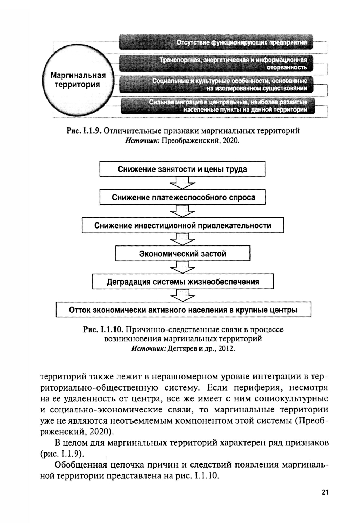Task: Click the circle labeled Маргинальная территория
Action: (78, 80)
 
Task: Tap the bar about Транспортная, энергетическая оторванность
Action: (216, 63)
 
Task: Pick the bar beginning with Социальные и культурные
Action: (216, 84)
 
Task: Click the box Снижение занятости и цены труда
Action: (182, 169)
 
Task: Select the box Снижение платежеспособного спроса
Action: (183, 197)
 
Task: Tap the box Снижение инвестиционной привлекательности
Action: (183, 226)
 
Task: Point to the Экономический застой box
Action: (183, 254)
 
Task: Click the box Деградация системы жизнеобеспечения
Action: (183, 282)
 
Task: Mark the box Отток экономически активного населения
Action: (183, 310)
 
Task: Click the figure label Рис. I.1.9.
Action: (84, 131)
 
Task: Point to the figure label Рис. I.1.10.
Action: (103, 329)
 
